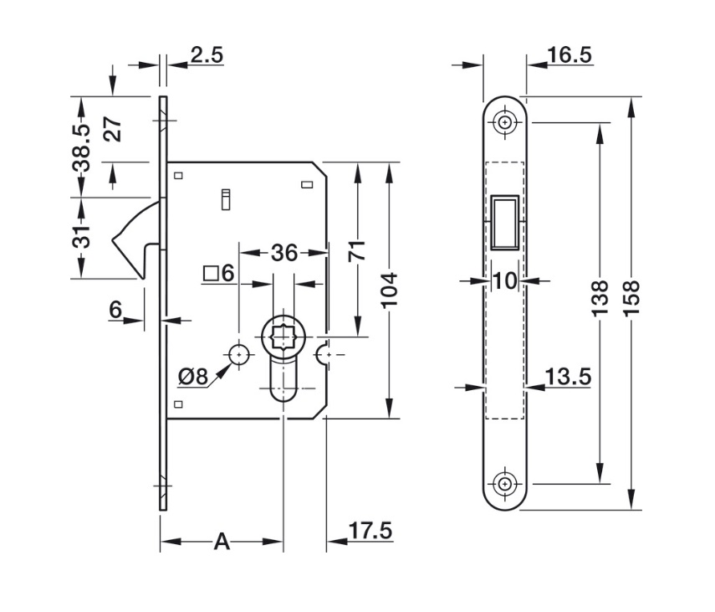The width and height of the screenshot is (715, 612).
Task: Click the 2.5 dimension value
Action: [207, 55]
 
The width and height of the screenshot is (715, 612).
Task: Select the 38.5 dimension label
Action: [81, 148]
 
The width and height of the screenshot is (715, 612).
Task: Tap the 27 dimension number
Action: [114, 129]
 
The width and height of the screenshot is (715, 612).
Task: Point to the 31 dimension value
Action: [81, 238]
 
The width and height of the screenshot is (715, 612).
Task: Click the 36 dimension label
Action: [284, 252]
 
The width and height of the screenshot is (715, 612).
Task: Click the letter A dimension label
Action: [221, 542]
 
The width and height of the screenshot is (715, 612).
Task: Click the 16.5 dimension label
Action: [569, 55]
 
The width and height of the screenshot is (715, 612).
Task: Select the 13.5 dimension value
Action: [569, 377]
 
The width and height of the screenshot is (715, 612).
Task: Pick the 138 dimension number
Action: [599, 299]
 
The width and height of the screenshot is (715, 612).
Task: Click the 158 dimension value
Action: [631, 299]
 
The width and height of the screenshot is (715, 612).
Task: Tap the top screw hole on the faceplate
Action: [504, 122]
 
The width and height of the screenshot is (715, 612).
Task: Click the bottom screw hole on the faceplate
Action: [504, 484]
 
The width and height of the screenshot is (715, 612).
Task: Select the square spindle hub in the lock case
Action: [283, 339]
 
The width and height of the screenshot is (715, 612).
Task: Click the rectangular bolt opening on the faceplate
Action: [504, 223]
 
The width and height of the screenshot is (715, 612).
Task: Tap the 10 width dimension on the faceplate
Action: [504, 280]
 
